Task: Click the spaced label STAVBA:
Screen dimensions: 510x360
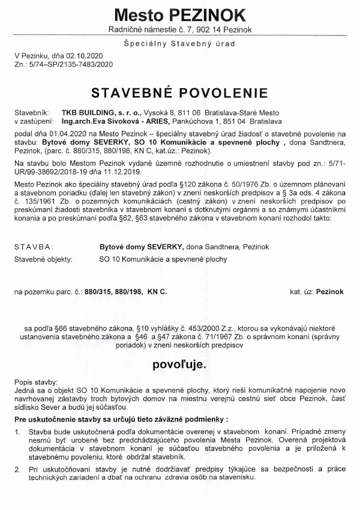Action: coord(34,247)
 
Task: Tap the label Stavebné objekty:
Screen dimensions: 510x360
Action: coord(43,259)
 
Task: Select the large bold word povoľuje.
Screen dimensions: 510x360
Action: coord(179,364)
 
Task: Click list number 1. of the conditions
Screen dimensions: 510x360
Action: coord(18,431)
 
